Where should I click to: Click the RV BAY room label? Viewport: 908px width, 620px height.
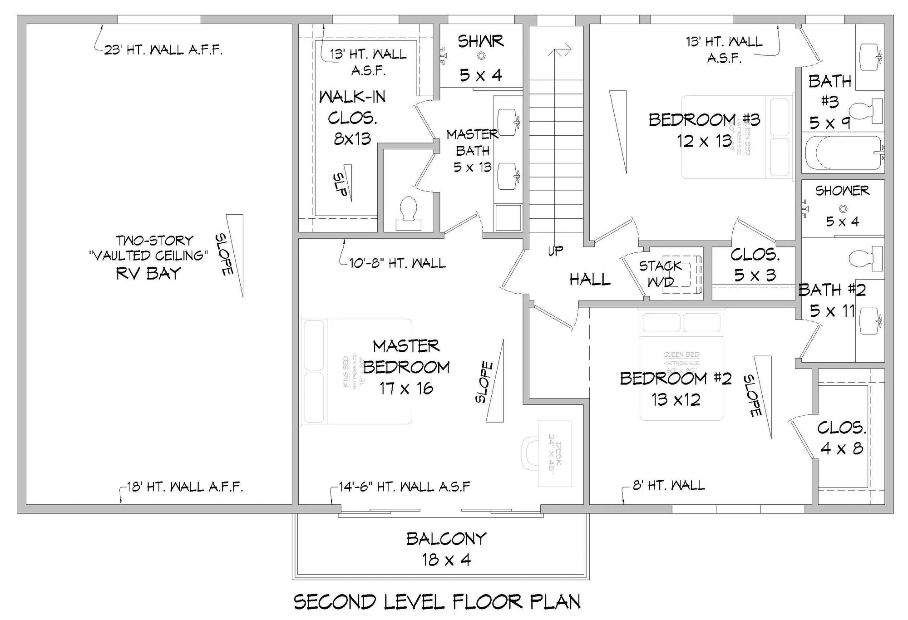[x=148, y=273]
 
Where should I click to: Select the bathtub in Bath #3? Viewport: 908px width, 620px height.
[x=842, y=153]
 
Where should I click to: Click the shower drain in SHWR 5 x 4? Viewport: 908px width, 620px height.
[x=481, y=56]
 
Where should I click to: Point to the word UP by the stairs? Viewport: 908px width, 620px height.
[x=555, y=251]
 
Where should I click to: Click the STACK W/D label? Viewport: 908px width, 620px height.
[x=661, y=274]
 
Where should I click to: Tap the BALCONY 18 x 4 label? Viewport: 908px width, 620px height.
[x=446, y=549]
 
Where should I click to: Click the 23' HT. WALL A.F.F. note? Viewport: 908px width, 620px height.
[x=163, y=50]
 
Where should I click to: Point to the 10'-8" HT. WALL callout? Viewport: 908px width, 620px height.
[x=397, y=263]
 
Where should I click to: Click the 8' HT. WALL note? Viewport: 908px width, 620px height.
[x=669, y=486]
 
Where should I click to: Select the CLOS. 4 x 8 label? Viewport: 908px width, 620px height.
[x=842, y=438]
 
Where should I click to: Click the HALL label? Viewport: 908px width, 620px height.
[x=590, y=279]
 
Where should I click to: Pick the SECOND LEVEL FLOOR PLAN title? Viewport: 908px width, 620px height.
[x=437, y=602]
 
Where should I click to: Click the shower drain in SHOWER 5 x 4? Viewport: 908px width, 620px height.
[x=843, y=209]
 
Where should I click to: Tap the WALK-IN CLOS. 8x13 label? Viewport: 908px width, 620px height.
[x=352, y=117]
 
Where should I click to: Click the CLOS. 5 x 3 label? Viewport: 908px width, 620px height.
[x=755, y=265]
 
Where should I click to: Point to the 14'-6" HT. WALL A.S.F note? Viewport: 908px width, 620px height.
[x=404, y=487]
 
